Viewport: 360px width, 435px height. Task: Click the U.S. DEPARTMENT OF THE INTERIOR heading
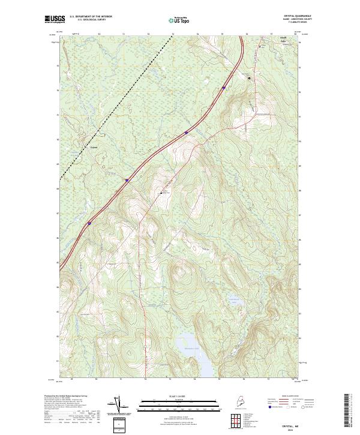[x=91, y=17]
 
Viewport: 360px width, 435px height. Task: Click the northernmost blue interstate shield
[x=223, y=88]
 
